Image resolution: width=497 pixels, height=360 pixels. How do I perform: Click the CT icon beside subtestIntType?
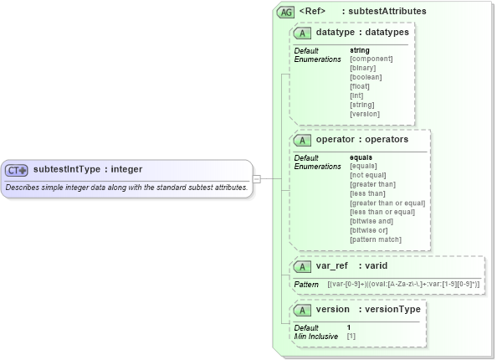click(17, 170)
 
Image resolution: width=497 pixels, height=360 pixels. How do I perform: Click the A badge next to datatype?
click(302, 33)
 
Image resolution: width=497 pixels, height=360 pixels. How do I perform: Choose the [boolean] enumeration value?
click(365, 77)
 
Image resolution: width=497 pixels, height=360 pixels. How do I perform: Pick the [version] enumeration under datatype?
click(364, 114)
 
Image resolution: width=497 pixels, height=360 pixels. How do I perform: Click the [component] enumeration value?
click(371, 59)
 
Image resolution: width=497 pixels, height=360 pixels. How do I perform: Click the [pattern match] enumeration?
click(375, 239)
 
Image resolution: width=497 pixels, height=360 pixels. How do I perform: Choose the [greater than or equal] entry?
click(387, 203)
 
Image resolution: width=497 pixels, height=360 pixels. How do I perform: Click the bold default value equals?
click(361, 157)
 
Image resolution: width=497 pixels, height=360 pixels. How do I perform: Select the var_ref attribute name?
click(332, 265)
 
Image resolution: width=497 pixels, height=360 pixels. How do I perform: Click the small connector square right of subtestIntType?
click(258, 178)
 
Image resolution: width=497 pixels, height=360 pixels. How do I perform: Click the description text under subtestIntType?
click(126, 187)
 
